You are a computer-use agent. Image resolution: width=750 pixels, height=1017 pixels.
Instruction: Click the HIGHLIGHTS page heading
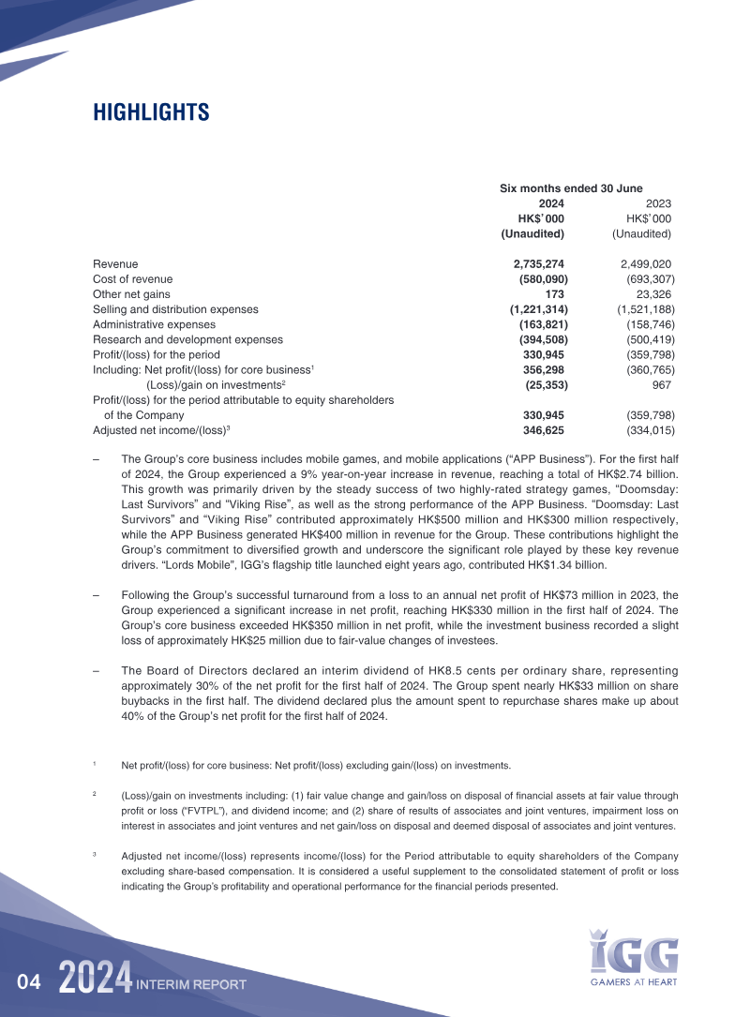coord(151,112)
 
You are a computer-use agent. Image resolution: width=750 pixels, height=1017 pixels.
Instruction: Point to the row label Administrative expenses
coord(154,324)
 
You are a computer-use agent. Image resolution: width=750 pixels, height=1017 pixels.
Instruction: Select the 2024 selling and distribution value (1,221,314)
coord(539,309)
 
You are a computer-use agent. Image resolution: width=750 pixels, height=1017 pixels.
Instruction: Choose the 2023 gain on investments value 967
coord(663,384)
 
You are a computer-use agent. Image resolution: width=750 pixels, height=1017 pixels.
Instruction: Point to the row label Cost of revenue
coord(132,279)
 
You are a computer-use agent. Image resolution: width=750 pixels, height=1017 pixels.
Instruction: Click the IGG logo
coord(634,951)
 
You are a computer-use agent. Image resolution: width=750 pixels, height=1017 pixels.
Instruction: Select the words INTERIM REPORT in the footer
coord(191,985)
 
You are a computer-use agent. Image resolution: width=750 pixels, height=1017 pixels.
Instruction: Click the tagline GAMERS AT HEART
coord(633,982)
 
